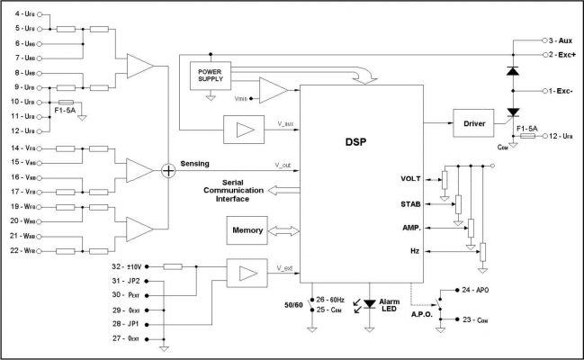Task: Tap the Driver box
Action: pyautogui.click(x=473, y=123)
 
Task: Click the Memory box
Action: pyautogui.click(x=247, y=230)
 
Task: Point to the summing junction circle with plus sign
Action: pyautogui.click(x=167, y=169)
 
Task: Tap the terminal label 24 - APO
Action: pyautogui.click(x=475, y=291)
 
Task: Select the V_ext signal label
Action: pyautogui.click(x=284, y=267)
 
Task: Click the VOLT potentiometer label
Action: pyautogui.click(x=410, y=178)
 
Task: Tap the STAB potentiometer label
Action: pyautogui.click(x=410, y=203)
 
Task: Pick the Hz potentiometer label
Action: pyautogui.click(x=415, y=252)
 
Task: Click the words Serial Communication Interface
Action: pyautogui.click(x=226, y=190)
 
